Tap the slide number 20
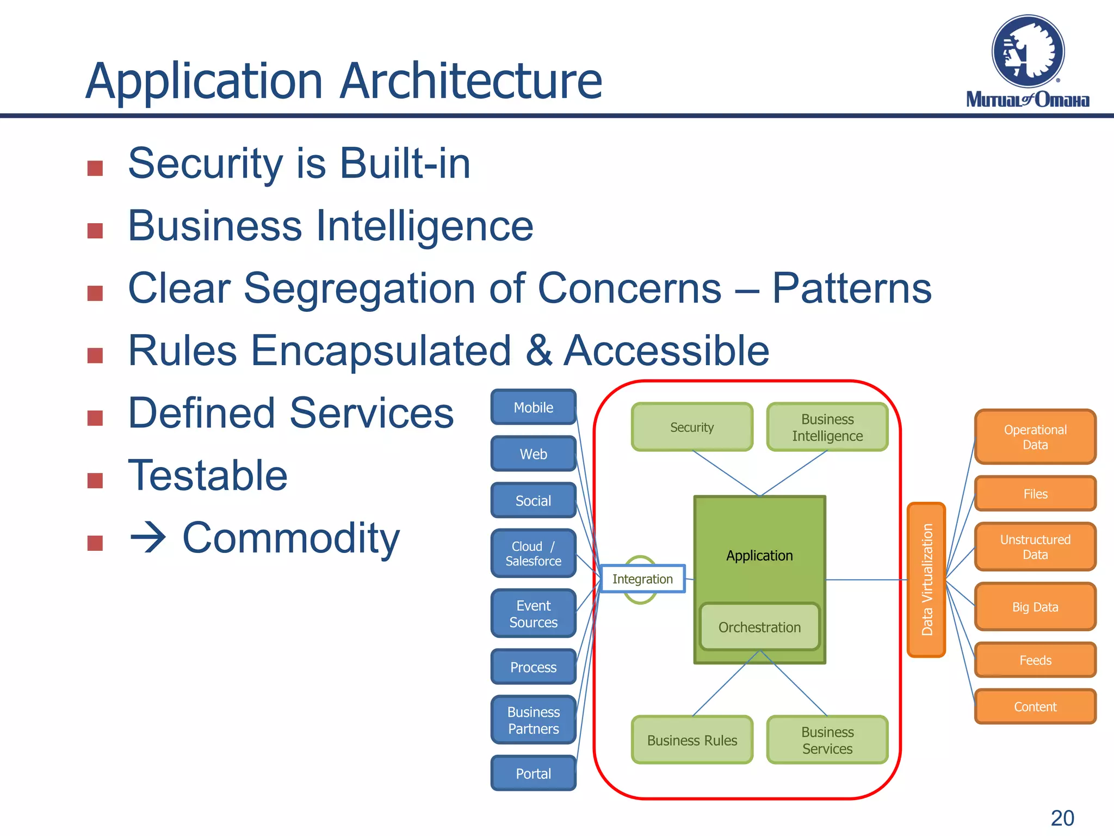(x=1062, y=818)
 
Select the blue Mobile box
(x=533, y=407)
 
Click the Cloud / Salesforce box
(x=533, y=554)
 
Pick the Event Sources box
(x=533, y=613)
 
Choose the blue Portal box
(x=533, y=773)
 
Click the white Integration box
(x=642, y=579)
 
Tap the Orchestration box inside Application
(x=759, y=627)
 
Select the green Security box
(x=692, y=427)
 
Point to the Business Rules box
(x=692, y=740)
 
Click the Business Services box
(x=827, y=740)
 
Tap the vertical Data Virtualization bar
(x=926, y=580)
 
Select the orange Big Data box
(x=1035, y=607)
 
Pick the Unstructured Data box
(x=1035, y=547)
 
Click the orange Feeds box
(x=1035, y=660)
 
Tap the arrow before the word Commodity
(x=148, y=538)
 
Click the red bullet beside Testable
(x=95, y=480)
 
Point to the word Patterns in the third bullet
(x=851, y=288)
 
